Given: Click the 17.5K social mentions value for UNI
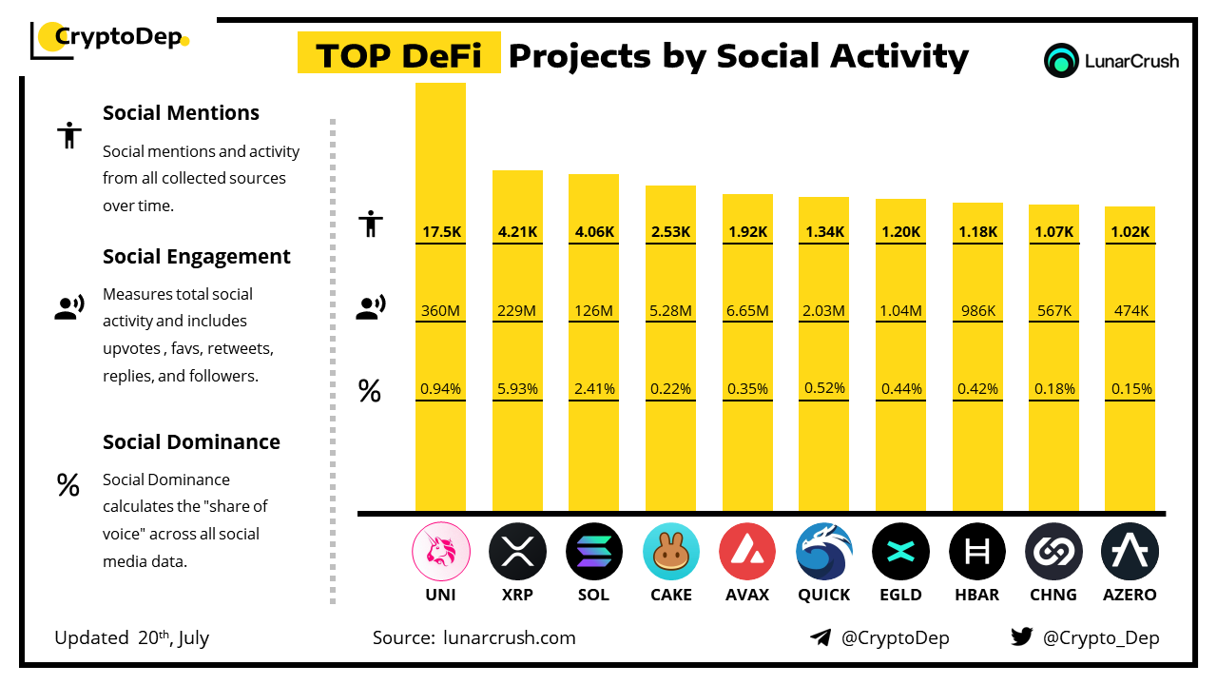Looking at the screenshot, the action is (x=441, y=232).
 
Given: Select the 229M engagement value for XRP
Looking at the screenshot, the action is (x=516, y=310).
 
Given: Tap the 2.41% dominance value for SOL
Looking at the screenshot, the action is (x=594, y=389).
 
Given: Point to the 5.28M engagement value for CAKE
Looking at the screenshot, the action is (x=670, y=310).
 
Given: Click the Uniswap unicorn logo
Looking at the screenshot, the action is (x=441, y=551).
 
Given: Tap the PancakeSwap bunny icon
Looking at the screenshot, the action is (x=671, y=551).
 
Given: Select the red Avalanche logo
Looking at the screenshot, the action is (x=747, y=551).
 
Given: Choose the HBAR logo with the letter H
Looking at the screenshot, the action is (x=976, y=551).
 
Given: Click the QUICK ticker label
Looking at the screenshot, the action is (x=823, y=595).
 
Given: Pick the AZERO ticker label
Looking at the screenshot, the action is (x=1130, y=595).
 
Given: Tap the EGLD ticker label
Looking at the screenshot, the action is (x=900, y=595).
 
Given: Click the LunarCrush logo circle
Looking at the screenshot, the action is (x=1061, y=60).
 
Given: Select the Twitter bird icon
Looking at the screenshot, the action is (x=1022, y=636).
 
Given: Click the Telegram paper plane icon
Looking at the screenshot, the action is (x=821, y=637).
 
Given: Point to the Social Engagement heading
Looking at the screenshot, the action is (x=196, y=257).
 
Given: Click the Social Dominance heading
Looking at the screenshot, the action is (x=191, y=442).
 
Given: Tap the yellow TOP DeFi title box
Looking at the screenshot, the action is (x=398, y=52).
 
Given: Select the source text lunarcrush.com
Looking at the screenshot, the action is (x=509, y=637).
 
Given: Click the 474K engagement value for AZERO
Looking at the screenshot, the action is (x=1131, y=310).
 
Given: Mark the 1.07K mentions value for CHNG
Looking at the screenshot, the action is (x=1054, y=232).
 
